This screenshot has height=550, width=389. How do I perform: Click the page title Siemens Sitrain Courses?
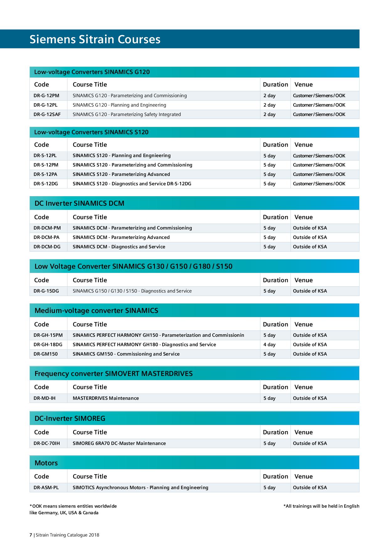[95, 40]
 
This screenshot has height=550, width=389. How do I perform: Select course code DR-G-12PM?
[46, 96]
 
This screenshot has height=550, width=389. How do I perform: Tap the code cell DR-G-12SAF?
[47, 114]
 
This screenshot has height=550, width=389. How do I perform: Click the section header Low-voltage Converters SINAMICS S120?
[91, 132]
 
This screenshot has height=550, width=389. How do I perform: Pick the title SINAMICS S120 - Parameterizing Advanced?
[121, 174]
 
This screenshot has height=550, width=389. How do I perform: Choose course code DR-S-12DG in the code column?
[46, 184]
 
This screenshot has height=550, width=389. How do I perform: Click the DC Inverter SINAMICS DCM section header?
[79, 204]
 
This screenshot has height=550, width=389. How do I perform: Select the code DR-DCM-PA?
[46, 237]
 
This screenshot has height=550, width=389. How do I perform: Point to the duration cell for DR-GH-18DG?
[269, 345]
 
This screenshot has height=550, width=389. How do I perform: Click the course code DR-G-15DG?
[46, 291]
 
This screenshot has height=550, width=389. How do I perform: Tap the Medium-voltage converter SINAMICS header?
[96, 311]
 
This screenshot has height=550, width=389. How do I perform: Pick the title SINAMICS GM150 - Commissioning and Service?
[126, 354]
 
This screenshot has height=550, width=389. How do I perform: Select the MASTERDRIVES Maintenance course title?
[106, 398]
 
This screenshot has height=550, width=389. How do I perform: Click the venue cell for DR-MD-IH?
[310, 398]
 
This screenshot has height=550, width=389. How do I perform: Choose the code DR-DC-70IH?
[47, 443]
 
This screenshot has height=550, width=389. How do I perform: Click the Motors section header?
[46, 463]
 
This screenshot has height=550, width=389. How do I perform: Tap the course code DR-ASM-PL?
[46, 488]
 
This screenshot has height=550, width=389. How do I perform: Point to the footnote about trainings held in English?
[321, 506]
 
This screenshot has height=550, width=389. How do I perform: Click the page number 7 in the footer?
[31, 535]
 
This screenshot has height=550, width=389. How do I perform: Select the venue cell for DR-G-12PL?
[319, 105]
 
